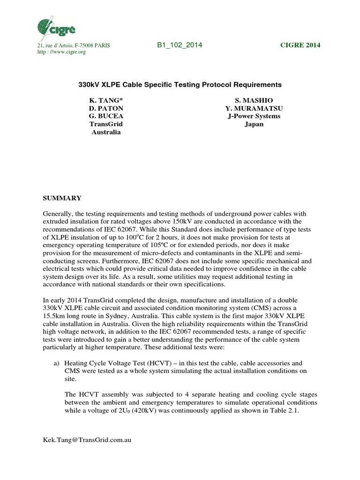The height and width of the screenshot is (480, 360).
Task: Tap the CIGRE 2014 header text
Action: click(300, 45)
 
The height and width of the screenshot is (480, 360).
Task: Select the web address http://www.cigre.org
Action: click(61, 52)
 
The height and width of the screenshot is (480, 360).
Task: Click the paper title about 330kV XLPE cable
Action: click(180, 85)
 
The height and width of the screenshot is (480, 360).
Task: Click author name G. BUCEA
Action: click(106, 116)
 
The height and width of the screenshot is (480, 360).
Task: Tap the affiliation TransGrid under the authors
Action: click(106, 124)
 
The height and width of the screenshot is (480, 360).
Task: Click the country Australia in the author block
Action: click(106, 132)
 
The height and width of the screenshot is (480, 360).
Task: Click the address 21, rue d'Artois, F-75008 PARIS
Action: click(74, 45)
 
